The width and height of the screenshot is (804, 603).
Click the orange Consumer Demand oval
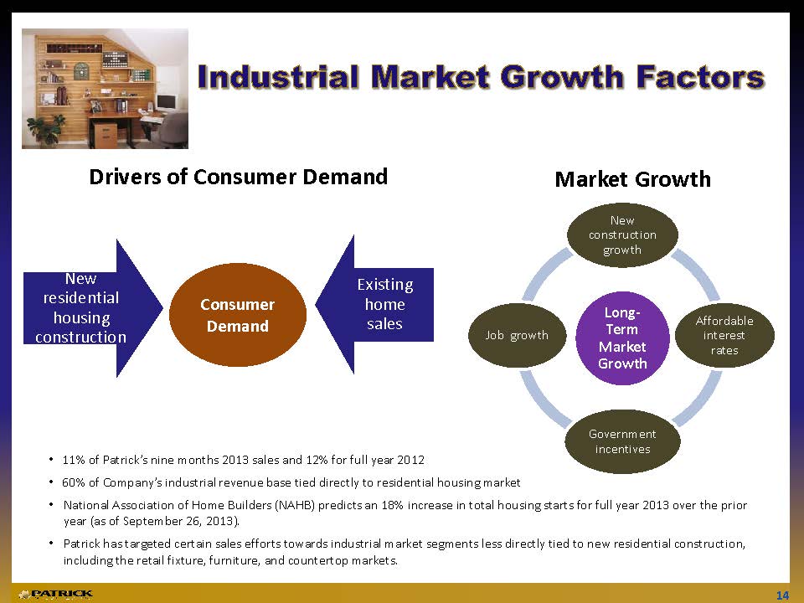(237, 315)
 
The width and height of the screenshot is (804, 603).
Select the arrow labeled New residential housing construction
(93, 307)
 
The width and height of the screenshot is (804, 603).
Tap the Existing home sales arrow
(374, 305)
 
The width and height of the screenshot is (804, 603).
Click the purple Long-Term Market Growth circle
(622, 338)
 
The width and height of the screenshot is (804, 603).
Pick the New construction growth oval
(622, 234)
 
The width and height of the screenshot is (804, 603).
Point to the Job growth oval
(517, 335)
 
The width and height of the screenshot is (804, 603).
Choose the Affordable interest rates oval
(724, 335)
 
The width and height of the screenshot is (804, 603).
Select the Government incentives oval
(622, 441)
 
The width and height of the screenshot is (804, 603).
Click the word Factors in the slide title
(700, 77)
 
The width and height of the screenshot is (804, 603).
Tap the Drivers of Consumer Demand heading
(239, 177)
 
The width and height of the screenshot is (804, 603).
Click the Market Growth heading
(633, 179)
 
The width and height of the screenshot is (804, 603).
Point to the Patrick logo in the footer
(56, 595)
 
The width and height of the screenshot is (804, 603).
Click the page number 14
(782, 595)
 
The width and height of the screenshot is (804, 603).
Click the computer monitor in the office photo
(166, 102)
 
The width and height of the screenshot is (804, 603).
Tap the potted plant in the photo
(45, 130)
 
